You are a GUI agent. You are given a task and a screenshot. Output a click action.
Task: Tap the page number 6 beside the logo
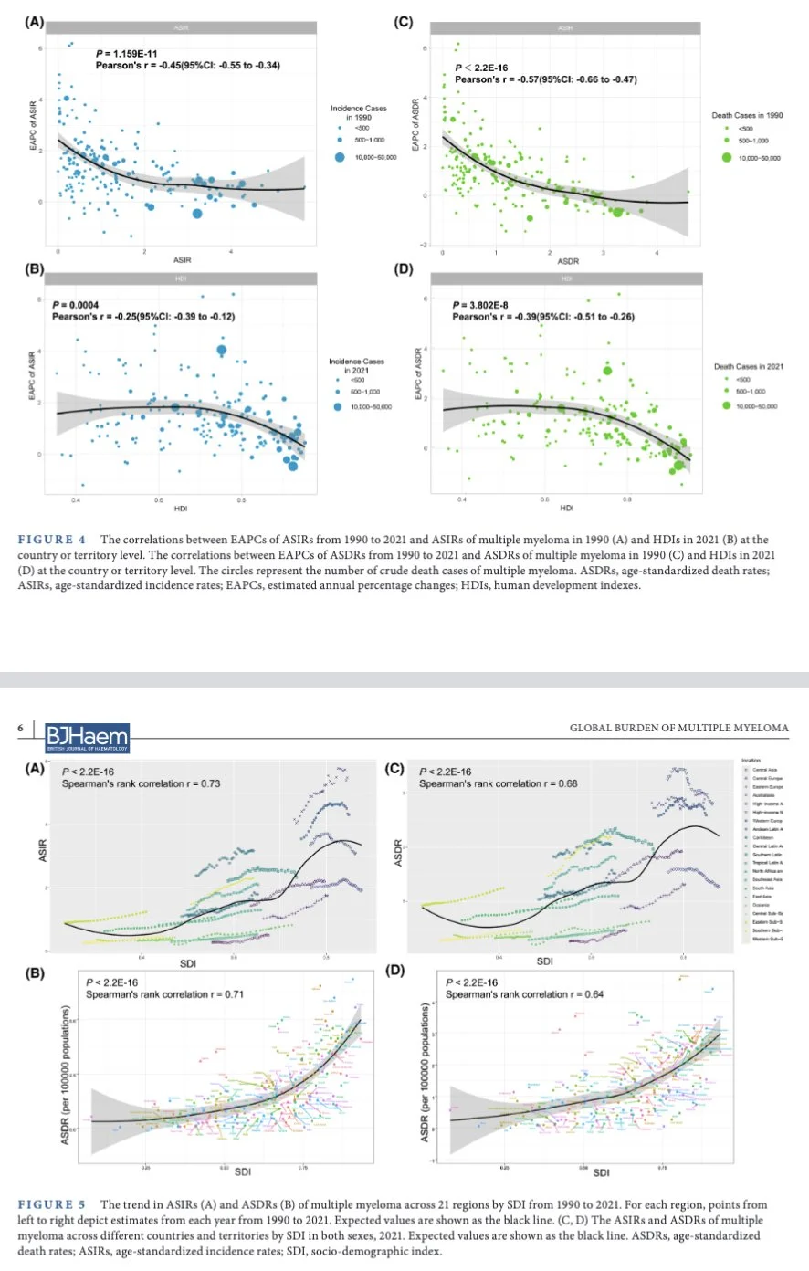[19, 728]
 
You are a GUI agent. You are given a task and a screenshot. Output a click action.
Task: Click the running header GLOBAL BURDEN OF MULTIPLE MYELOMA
[678, 728]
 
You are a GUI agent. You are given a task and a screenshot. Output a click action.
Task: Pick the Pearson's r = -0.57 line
[545, 79]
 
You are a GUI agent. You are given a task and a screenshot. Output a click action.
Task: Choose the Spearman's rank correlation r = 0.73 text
[141, 783]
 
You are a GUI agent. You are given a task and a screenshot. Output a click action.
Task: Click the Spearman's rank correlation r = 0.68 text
[498, 783]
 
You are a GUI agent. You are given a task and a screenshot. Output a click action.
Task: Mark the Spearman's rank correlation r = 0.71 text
[165, 993]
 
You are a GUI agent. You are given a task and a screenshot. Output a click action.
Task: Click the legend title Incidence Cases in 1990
[359, 112]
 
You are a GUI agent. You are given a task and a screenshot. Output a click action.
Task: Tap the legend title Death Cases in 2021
[748, 366]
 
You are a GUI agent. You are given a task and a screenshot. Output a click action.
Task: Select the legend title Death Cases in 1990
[747, 115]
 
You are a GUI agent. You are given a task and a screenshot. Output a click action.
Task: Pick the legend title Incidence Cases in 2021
[356, 365]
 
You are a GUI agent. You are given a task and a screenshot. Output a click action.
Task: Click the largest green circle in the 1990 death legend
[727, 158]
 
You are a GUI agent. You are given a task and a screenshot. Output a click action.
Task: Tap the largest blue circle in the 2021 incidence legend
[338, 406]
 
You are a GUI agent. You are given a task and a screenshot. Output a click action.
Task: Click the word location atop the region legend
[751, 760]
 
